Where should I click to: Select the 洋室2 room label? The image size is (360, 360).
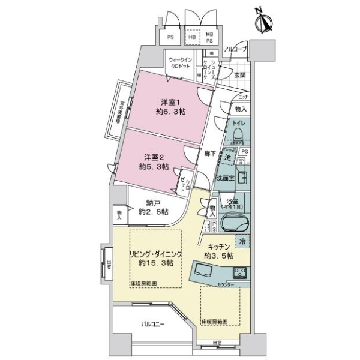pyautogui.click(x=153, y=162)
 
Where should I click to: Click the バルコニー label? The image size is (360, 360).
pyautogui.click(x=154, y=324)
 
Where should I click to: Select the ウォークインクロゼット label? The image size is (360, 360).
pyautogui.click(x=181, y=62)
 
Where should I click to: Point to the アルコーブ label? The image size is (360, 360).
pyautogui.click(x=235, y=50)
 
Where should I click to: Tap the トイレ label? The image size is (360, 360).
pyautogui.click(x=238, y=127)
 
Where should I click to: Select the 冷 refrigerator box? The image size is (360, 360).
pyautogui.click(x=242, y=241)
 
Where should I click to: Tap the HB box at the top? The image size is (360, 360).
pyautogui.click(x=192, y=37)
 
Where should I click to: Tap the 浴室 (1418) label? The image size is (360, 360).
pyautogui.click(x=233, y=203)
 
